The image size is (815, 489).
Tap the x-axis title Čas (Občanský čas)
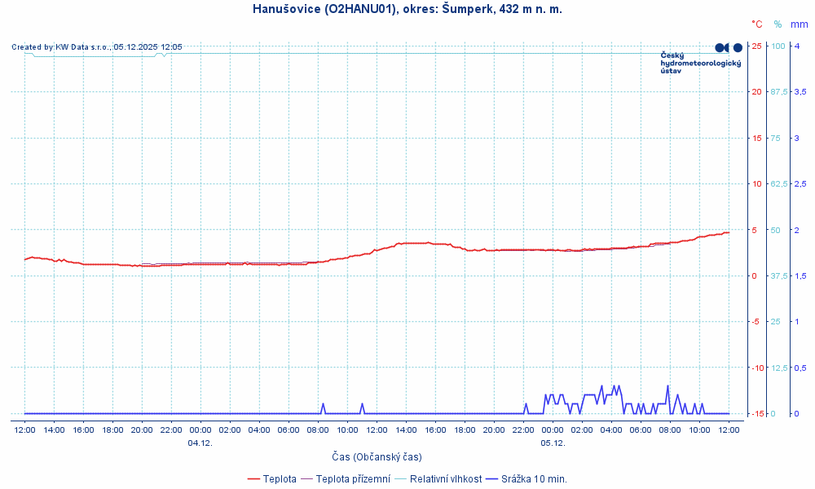tap(377, 456)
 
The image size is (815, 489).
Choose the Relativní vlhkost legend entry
tap(445, 478)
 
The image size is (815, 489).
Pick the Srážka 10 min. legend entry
tap(534, 478)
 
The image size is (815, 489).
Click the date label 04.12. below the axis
tap(200, 443)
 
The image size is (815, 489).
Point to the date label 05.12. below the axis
tap(553, 443)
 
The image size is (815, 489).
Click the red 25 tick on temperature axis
tap(756, 46)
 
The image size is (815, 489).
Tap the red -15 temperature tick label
tap(756, 413)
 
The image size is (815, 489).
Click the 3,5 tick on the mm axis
tap(801, 91)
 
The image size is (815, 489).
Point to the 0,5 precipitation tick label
tap(801, 368)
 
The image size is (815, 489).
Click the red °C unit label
tap(757, 24)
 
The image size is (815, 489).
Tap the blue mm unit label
tap(799, 24)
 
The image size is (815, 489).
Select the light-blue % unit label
tap(778, 24)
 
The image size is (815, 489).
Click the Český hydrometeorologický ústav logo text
tap(700, 64)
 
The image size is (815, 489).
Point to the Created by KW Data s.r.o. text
tap(96, 47)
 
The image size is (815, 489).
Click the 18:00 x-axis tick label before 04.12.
tap(112, 430)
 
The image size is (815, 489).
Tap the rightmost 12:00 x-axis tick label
tap(729, 430)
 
